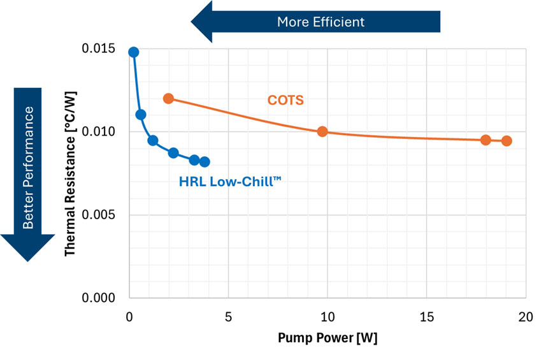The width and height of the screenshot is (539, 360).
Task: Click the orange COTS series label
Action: (285, 100)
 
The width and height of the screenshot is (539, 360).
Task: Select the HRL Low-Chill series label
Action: (230, 182)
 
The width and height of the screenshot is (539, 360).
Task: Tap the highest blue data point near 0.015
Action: (133, 52)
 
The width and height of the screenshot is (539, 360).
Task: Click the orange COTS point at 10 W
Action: (322, 132)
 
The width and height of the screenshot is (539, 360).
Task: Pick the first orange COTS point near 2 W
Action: (168, 99)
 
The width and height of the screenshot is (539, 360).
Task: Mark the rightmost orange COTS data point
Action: (507, 141)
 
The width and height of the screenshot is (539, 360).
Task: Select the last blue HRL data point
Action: (205, 162)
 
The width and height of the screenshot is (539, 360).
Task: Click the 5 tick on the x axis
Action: (228, 317)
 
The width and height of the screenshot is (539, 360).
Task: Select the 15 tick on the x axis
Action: (426, 317)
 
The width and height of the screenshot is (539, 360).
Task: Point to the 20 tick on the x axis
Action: (525, 317)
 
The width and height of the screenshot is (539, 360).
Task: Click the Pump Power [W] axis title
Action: (327, 338)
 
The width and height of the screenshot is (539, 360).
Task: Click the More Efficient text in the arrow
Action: (320, 22)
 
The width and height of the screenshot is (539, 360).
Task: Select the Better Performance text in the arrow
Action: (28, 168)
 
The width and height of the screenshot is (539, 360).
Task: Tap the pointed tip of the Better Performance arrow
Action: (28, 261)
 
